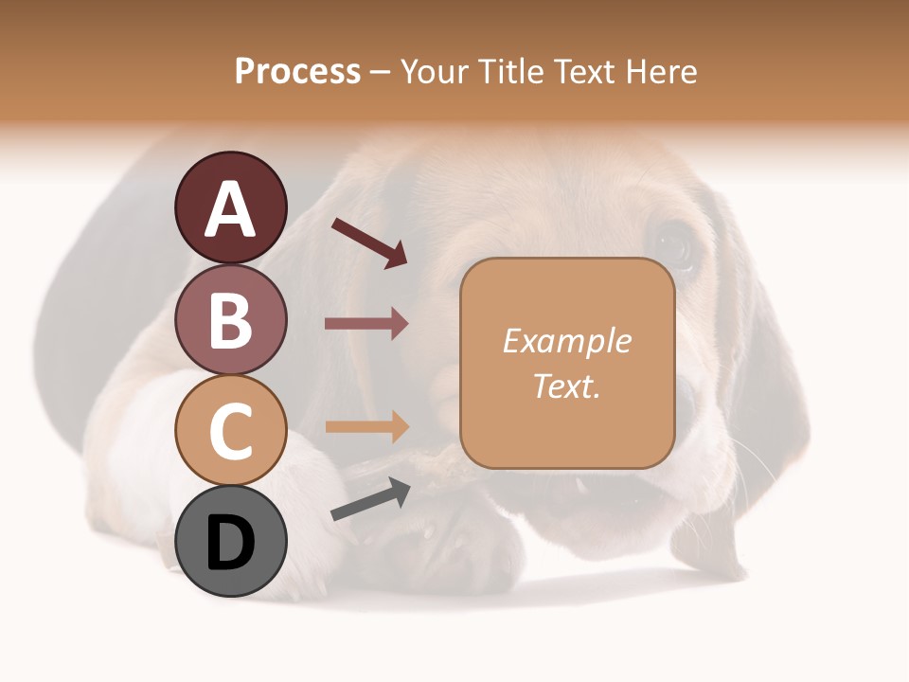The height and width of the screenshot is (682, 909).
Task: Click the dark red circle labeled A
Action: point(230,207)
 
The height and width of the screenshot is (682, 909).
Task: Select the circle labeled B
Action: point(230,319)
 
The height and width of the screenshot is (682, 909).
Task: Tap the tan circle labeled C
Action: point(230,430)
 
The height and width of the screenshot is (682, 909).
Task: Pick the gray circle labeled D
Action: point(230,541)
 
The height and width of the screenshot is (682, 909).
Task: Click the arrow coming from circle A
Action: point(369,242)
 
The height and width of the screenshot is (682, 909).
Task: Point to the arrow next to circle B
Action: point(366,323)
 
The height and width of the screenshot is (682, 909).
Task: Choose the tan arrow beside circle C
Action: point(366,426)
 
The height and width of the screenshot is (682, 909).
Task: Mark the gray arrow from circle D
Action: point(370,499)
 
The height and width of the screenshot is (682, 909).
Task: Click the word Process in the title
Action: point(297,71)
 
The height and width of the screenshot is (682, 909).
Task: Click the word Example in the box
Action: point(566,341)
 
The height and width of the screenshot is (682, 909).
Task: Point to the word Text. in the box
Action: point(566,386)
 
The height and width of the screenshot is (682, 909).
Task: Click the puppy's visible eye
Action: point(673,244)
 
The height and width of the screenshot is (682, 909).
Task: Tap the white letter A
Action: point(230,208)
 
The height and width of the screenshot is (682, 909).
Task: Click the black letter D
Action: point(230,543)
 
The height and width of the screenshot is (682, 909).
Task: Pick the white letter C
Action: point(230,431)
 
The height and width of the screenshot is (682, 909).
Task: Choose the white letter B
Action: point(230,320)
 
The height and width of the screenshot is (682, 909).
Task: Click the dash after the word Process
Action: point(380,72)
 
